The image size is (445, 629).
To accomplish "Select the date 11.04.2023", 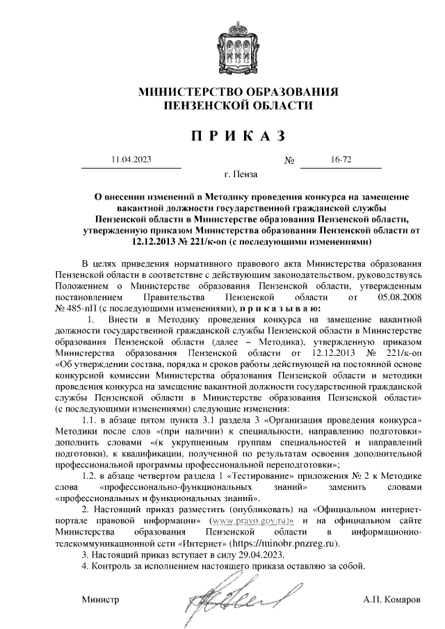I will (x=131, y=160).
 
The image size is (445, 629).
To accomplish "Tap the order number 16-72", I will (x=341, y=160).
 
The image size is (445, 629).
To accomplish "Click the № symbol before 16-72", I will (x=290, y=161).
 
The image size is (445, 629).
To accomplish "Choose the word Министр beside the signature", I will (x=100, y=598).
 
